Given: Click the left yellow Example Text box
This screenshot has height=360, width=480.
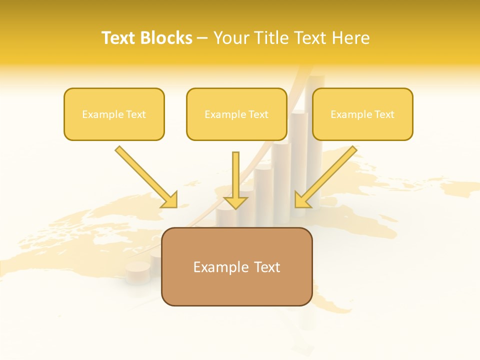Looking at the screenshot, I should (114, 114).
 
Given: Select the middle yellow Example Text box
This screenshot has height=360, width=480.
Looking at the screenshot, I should (236, 114).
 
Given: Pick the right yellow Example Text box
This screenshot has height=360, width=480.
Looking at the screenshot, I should (362, 114).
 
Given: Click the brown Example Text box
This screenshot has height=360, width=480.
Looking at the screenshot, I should (236, 267).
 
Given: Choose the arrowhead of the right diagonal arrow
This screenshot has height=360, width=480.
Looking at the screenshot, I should (302, 200).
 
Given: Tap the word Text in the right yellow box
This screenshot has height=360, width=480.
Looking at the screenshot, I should (384, 114).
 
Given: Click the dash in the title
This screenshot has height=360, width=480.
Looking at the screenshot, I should (202, 38).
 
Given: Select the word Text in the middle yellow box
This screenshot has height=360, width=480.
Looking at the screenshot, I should (258, 114).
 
